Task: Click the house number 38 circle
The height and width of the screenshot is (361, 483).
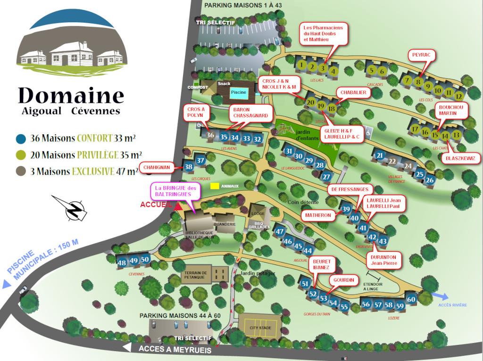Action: pyautogui.click(x=189, y=166)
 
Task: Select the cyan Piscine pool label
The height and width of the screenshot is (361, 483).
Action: pyautogui.click(x=239, y=92)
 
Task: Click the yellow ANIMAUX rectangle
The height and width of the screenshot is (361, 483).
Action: pyautogui.click(x=215, y=186)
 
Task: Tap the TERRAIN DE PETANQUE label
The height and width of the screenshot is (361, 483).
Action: pyautogui.click(x=196, y=276)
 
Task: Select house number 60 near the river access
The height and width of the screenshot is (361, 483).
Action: pyautogui.click(x=411, y=299)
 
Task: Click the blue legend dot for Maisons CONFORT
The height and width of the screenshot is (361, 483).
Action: pyautogui.click(x=21, y=139)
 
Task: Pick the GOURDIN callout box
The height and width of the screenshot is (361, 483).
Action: pyautogui.click(x=343, y=280)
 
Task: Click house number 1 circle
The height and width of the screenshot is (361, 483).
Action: pyautogui.click(x=302, y=66)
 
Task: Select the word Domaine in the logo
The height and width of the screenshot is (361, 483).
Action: pyautogui.click(x=71, y=96)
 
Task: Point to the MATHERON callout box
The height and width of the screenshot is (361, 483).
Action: pyautogui.click(x=318, y=215)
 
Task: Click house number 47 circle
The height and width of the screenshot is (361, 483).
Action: pyautogui.click(x=280, y=231)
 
